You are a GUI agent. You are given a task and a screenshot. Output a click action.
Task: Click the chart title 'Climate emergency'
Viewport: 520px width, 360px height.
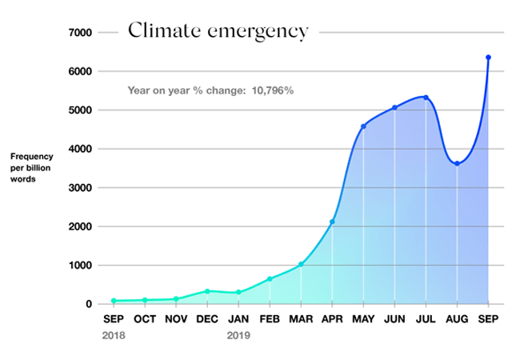tap(218, 31)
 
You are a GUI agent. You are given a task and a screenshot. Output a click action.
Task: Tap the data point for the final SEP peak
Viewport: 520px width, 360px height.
tap(488, 58)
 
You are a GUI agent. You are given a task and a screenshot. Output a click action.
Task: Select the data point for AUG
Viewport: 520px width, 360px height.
tap(457, 163)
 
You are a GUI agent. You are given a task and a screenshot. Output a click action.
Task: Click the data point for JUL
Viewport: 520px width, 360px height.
tap(426, 98)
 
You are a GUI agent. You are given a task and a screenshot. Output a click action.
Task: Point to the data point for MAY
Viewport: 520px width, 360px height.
tap(363, 126)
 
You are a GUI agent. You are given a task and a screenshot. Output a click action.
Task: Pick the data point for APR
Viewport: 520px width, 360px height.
tap(332, 222)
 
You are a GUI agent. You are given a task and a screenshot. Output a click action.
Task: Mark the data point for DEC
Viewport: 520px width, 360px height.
tap(207, 291)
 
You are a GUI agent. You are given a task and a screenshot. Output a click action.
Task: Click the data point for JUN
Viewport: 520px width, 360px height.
tap(394, 107)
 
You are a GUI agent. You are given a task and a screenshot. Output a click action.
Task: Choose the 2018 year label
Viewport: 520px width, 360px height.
tap(114, 336)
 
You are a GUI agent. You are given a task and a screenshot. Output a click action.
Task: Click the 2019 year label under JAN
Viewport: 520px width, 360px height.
tap(238, 336)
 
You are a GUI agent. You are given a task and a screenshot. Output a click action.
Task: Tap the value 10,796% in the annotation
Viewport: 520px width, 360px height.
tap(272, 90)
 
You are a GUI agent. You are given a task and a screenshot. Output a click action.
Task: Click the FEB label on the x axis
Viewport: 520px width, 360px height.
tap(270, 318)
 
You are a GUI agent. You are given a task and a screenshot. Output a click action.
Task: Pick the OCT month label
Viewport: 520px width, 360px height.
tap(145, 318)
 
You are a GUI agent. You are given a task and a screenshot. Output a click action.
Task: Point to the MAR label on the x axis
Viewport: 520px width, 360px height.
tap(301, 318)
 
